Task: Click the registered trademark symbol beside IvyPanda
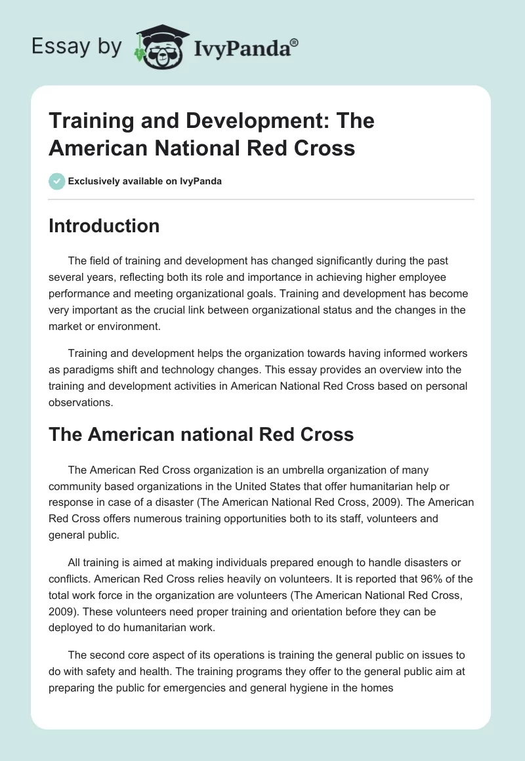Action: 295,43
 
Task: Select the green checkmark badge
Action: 57,181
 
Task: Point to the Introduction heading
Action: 104,226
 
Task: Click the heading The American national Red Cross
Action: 201,434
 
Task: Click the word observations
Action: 80,402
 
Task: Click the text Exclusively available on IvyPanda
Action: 145,181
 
